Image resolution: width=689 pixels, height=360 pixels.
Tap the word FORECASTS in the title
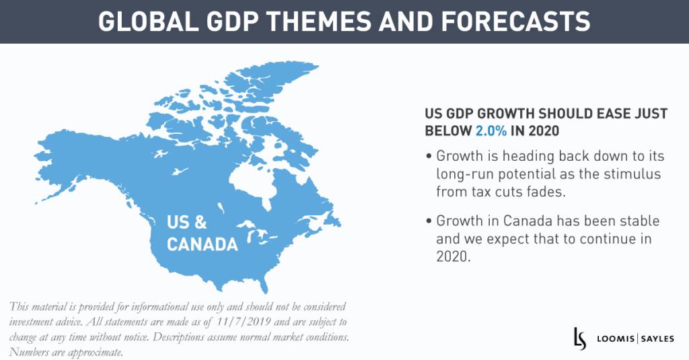[x=512, y=21]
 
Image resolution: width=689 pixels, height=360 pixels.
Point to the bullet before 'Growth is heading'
[x=429, y=157]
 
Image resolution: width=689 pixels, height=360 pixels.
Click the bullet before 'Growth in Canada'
[x=429, y=221]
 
